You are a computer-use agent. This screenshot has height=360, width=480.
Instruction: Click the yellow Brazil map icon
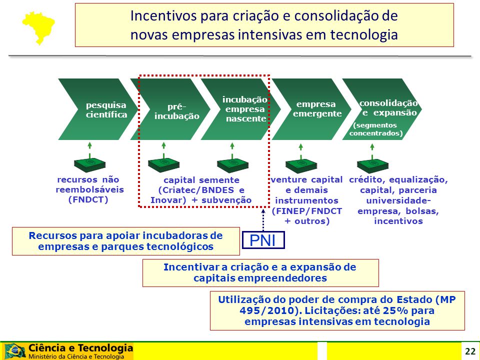(38, 27)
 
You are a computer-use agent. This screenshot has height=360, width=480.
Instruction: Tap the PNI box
(263, 240)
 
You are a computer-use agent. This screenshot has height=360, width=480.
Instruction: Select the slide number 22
(470, 351)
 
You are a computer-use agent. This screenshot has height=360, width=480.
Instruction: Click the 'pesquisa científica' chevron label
(106, 109)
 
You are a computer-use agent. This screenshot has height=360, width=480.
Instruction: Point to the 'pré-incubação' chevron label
(177, 111)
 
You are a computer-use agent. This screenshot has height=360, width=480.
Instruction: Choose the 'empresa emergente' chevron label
(317, 108)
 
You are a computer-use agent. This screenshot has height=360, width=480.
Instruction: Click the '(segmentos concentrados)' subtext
(376, 129)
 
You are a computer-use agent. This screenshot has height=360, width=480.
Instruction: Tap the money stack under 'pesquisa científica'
(89, 165)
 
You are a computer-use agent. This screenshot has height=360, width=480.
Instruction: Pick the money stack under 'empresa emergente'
(301, 166)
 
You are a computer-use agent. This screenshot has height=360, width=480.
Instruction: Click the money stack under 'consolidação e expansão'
(372, 166)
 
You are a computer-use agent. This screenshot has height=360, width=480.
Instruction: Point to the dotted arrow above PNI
(263, 220)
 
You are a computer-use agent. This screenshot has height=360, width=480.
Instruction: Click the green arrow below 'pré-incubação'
(164, 149)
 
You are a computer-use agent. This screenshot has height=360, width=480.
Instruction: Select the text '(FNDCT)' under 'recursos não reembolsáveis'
(88, 199)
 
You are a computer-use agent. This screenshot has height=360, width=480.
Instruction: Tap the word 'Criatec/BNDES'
(196, 190)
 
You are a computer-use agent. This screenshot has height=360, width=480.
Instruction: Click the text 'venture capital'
(306, 179)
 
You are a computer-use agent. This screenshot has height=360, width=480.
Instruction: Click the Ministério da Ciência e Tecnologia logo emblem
(14, 351)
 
